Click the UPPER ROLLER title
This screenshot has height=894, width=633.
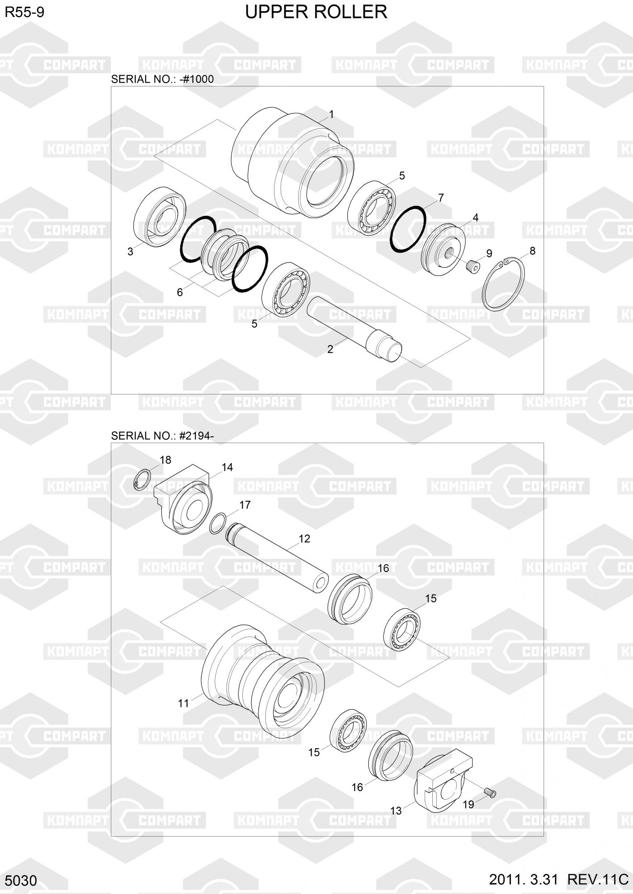point(316,12)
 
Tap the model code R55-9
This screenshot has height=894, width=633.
point(25,12)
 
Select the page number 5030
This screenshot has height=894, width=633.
point(21,881)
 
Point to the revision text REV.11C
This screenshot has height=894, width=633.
point(598,879)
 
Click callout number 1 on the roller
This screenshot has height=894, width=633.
point(332,114)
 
